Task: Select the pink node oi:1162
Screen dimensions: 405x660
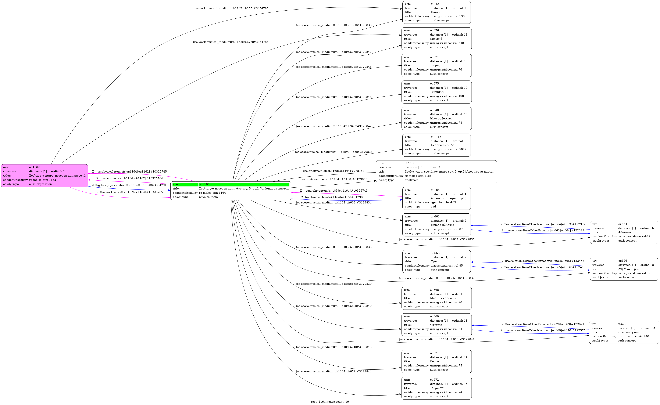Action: [x=44, y=176]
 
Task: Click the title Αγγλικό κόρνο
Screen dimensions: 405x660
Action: [x=628, y=269]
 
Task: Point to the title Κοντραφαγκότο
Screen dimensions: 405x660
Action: [x=629, y=332]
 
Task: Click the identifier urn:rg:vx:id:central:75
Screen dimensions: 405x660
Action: [x=446, y=365]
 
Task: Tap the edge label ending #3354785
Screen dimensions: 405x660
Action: [x=231, y=8]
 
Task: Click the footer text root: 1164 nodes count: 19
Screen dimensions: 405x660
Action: [x=330, y=402]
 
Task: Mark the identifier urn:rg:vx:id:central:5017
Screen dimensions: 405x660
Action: [x=448, y=149]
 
